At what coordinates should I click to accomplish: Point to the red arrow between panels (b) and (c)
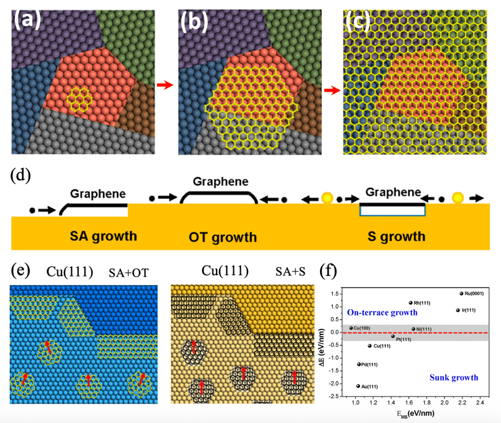pos(332,90)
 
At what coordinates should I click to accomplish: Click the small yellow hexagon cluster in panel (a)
pos(78,97)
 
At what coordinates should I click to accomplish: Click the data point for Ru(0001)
pos(461,293)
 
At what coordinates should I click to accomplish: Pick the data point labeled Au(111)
pos(358,386)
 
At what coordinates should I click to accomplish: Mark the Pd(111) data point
pos(359,364)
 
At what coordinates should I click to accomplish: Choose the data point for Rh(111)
pos(411,302)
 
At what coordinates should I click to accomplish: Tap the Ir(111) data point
pos(457,310)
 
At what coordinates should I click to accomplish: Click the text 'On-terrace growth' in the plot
pos(382,313)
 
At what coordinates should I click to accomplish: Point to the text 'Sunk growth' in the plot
pos(453,377)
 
